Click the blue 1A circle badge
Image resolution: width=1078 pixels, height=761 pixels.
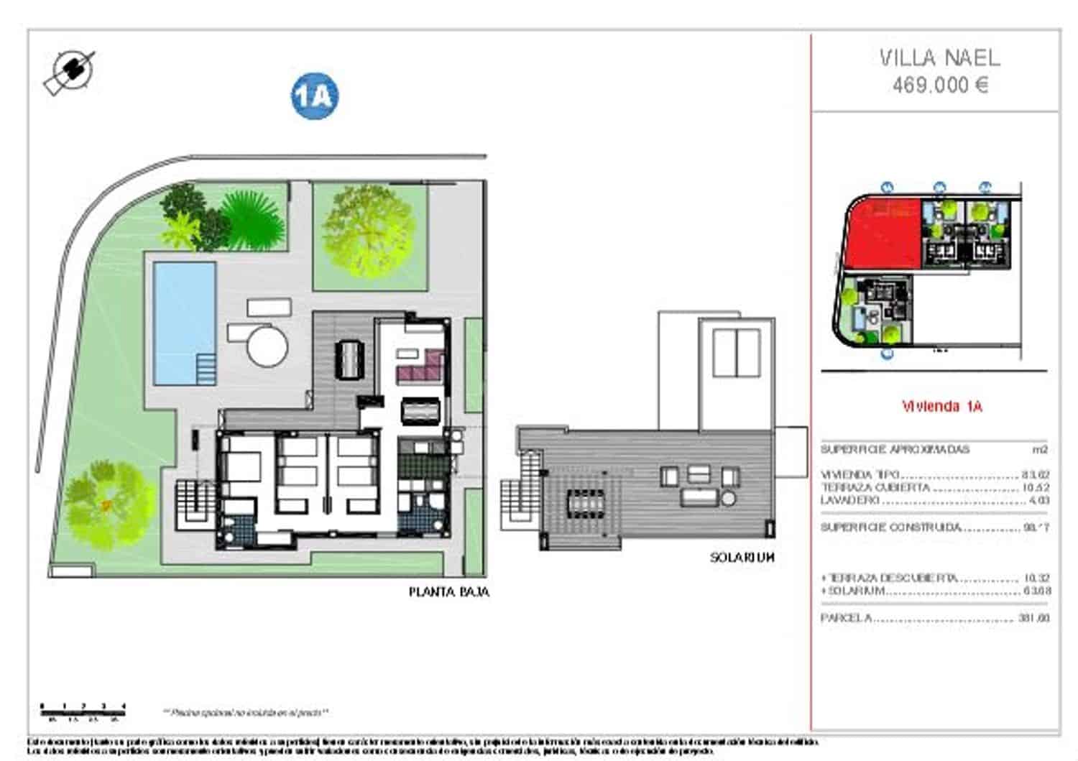[x=315, y=96]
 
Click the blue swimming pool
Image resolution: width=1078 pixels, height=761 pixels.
[x=184, y=321]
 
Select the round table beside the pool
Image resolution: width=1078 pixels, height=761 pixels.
[x=267, y=346]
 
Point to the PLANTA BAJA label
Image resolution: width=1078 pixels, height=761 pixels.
[x=449, y=592]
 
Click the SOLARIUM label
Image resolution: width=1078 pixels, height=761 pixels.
[x=742, y=557]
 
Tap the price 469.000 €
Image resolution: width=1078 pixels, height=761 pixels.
[x=940, y=85]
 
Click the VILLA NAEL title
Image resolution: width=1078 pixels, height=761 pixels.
[x=939, y=57]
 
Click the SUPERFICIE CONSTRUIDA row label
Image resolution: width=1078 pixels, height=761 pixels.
[x=890, y=527]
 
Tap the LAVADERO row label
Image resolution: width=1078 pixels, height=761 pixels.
[x=850, y=500]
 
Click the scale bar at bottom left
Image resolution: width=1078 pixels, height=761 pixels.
[x=83, y=709]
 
